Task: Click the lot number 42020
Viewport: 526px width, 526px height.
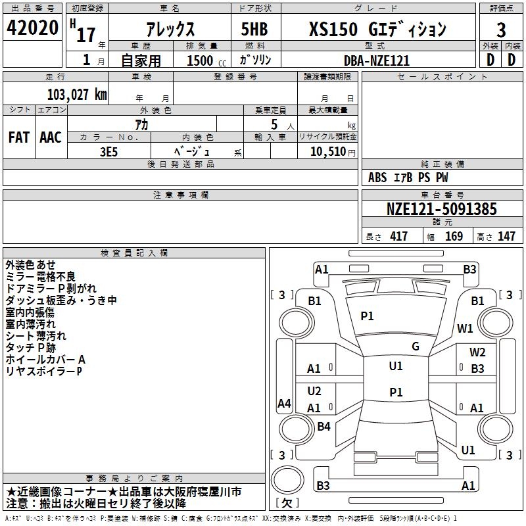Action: tap(32, 29)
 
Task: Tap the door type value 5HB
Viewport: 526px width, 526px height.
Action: tap(253, 30)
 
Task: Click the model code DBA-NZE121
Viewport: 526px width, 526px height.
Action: tap(377, 60)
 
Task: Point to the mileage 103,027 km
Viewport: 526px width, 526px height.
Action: tap(76, 94)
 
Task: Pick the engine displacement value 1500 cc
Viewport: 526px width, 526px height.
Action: tap(201, 60)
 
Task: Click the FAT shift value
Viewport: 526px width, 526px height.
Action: tap(18, 137)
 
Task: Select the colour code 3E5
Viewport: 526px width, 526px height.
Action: tap(108, 151)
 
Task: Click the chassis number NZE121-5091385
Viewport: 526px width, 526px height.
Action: tap(441, 210)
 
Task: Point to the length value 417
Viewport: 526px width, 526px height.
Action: tap(398, 236)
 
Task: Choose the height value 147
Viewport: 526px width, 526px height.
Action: tap(506, 236)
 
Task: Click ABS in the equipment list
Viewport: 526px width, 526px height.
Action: tap(377, 177)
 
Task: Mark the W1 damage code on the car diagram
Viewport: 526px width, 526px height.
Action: tap(466, 328)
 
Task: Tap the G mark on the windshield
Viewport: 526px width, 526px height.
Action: tap(415, 347)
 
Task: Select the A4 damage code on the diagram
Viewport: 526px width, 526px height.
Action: tap(284, 404)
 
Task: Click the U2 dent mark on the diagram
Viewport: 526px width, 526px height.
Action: tap(314, 391)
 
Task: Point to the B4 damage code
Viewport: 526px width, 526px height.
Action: tap(323, 427)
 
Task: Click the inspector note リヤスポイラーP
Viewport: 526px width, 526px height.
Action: tap(44, 371)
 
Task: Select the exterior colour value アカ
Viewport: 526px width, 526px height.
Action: tap(141, 125)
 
